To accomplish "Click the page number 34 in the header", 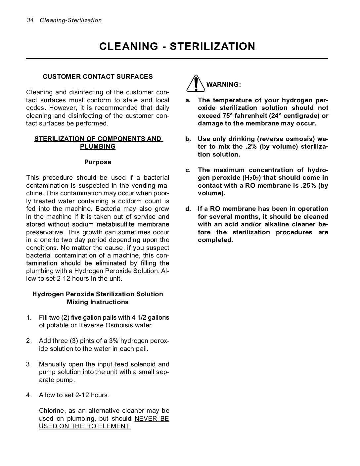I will tap(30, 21).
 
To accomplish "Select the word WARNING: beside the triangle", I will tap(224, 85).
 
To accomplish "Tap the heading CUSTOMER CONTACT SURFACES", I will tap(98, 77).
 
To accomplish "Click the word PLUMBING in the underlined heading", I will tap(98, 147).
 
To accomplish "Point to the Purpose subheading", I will tap(98, 162).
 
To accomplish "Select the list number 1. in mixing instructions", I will tap(29, 318).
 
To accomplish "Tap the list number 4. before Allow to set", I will tap(29, 395).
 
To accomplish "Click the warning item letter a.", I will tap(188, 100).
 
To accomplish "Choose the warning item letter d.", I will tap(188, 209).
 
